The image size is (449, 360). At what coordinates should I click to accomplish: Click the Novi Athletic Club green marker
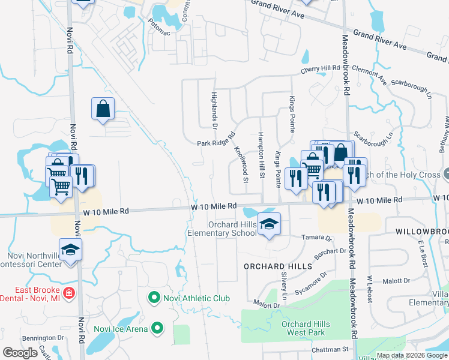pyautogui.click(x=154, y=298)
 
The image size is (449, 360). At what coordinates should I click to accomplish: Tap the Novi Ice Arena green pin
pyautogui.click(x=157, y=328)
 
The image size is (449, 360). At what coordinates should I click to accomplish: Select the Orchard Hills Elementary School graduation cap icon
pyautogui.click(x=270, y=225)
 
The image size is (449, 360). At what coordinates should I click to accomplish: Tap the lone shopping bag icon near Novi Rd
pyautogui.click(x=103, y=109)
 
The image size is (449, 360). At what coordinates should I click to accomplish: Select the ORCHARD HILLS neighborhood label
pyautogui.click(x=278, y=266)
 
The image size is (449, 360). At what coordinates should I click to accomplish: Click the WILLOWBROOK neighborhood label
pyautogui.click(x=422, y=231)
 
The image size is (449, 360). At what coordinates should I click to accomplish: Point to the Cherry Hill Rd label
pyautogui.click(x=321, y=70)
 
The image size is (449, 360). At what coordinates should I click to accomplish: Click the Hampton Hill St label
pyautogui.click(x=261, y=155)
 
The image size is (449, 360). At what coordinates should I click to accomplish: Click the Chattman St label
pyautogui.click(x=330, y=349)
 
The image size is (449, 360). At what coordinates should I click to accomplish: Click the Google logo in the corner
pyautogui.click(x=20, y=353)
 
